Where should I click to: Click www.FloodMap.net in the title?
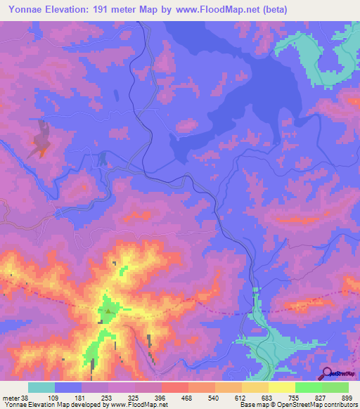(x=214, y=10)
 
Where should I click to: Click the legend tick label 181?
(x=81, y=398)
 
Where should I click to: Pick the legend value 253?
(x=108, y=398)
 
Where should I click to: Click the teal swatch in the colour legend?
(x=41, y=387)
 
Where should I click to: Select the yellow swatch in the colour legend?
(x=282, y=387)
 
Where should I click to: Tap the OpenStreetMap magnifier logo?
(x=327, y=373)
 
